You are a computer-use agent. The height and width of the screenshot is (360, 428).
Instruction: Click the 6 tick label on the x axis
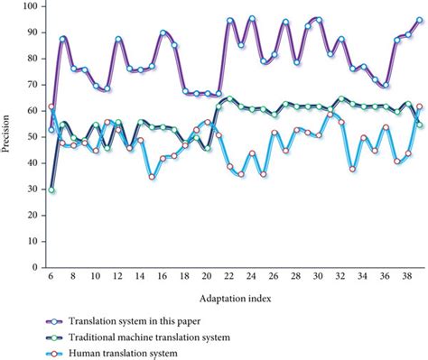[x=51, y=280]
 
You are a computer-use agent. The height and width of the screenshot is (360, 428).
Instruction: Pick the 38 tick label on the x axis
[x=408, y=280]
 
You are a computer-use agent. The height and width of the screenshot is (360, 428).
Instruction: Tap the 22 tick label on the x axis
[x=229, y=280]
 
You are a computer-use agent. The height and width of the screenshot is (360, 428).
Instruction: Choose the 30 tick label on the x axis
[x=319, y=280]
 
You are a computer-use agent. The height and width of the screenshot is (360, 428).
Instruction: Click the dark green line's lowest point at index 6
[x=51, y=190]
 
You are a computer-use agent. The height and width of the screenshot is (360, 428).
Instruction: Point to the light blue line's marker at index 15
[x=152, y=176]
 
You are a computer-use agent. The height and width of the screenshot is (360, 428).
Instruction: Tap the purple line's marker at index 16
[x=163, y=32]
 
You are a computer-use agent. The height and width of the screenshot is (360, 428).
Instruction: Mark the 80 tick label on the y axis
[x=33, y=59]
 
